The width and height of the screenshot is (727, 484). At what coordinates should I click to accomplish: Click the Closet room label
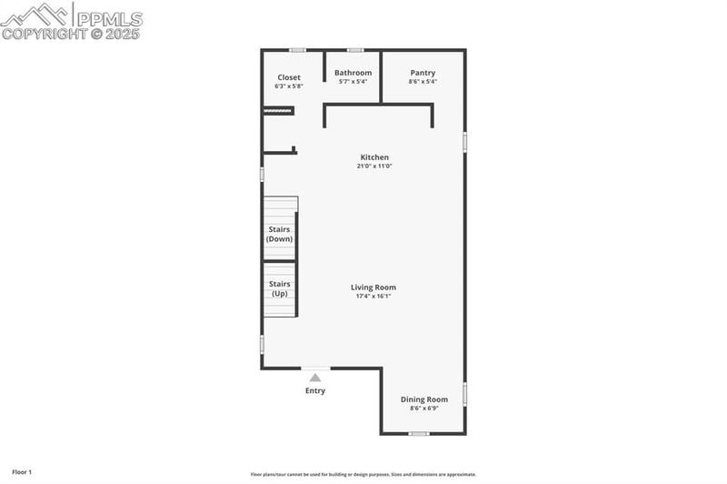289,77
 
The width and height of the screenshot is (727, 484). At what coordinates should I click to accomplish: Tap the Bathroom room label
353,73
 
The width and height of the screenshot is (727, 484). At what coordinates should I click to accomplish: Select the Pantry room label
423,73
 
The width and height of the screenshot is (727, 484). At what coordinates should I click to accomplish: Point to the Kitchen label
374,157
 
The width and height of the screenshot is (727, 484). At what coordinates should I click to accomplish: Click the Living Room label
373,287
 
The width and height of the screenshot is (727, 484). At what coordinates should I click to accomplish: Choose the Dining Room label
424,399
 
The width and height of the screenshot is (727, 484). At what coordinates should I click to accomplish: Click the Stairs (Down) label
279,234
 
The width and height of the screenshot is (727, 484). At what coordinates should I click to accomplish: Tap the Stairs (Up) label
279,288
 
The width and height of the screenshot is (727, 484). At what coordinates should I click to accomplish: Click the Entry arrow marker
315,377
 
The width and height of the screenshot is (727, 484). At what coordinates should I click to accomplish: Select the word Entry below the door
315,391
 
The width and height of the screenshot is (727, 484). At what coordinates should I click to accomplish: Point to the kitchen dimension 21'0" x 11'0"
374,166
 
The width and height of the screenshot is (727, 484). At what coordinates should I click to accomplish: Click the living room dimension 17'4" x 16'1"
373,297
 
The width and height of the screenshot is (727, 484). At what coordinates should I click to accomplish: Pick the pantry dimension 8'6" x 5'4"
423,82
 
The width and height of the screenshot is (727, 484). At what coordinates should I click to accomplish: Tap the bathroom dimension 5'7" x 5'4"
353,82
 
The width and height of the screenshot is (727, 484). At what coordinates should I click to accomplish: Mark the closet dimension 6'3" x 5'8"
289,86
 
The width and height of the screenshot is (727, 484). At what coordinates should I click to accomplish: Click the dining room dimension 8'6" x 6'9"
424,408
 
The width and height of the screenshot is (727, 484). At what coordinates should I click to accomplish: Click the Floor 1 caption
22,472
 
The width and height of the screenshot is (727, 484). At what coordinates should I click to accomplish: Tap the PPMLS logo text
109,18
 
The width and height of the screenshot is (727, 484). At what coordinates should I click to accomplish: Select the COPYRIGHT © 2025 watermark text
72,35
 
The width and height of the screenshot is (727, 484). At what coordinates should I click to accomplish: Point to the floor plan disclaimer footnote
363,474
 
